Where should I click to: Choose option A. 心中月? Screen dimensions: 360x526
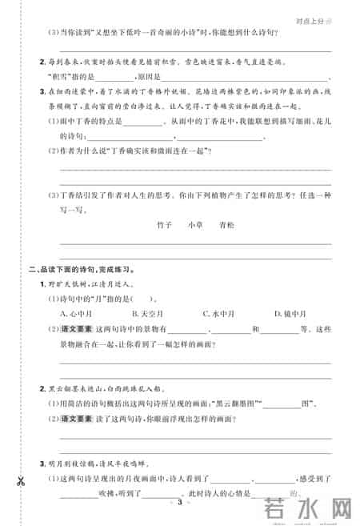click(77, 313)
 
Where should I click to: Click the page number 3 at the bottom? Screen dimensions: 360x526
click(181, 503)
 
